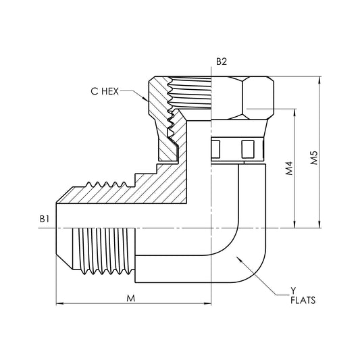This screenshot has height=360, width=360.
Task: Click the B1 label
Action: pos(45,219)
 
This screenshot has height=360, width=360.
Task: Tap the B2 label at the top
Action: pos(222,61)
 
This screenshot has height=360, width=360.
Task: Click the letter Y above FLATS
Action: pos(293,290)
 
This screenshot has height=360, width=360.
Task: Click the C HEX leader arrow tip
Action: pos(148,99)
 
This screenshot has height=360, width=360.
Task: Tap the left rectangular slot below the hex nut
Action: pos(216,147)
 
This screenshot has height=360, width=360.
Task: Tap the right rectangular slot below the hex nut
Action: pos(247,147)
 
